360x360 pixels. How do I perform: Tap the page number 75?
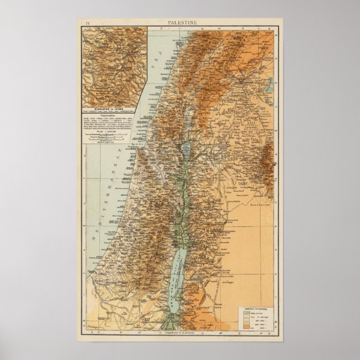87,22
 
